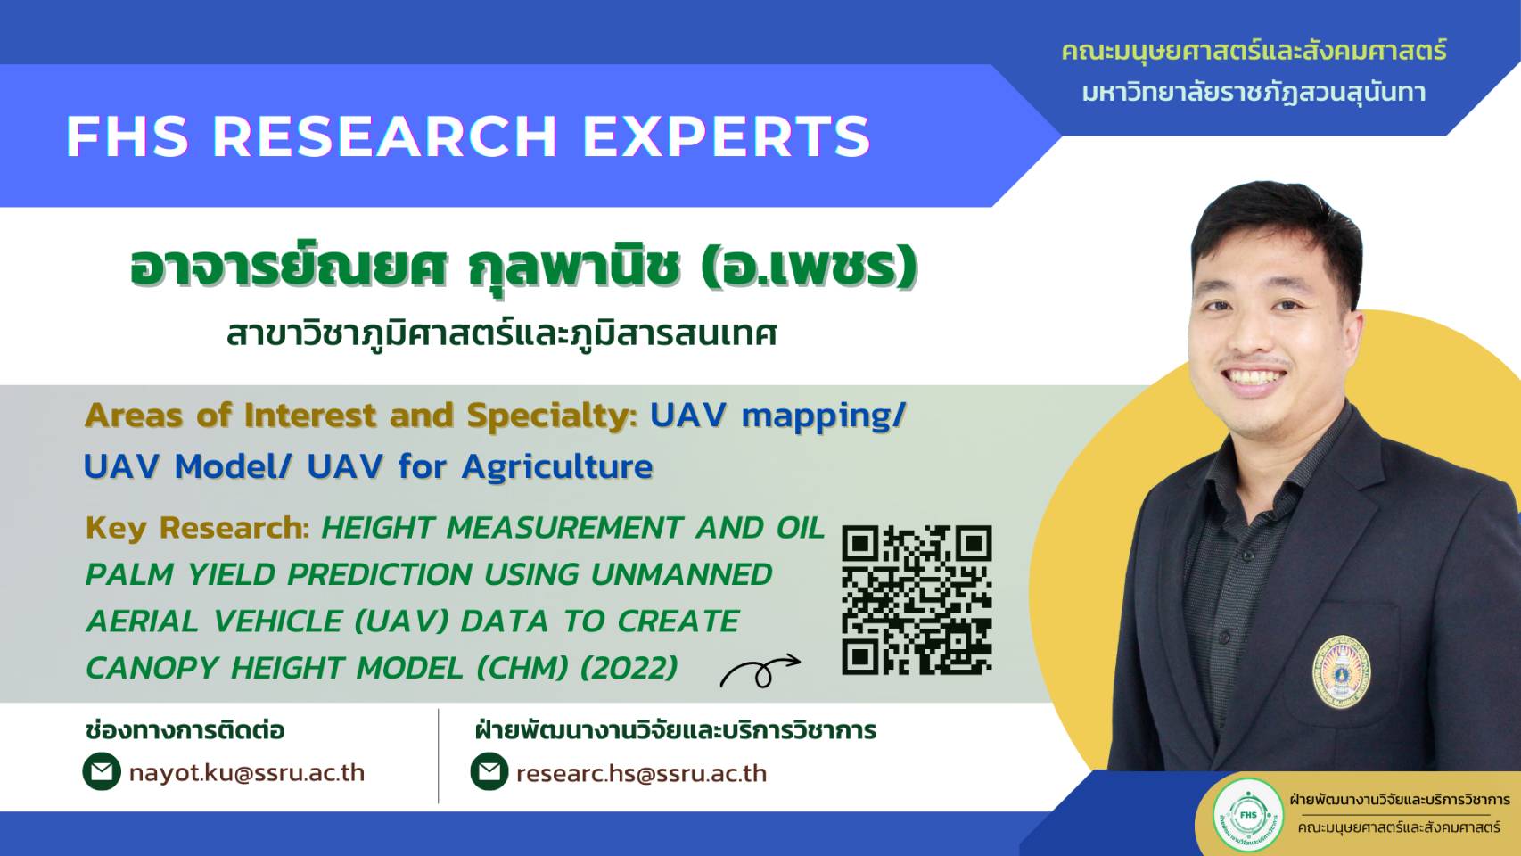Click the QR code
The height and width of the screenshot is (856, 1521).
pyautogui.click(x=917, y=600)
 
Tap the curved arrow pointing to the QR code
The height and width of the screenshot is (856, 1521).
pyautogui.click(x=760, y=671)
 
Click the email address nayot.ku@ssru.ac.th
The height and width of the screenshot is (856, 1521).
pyautogui.click(x=247, y=773)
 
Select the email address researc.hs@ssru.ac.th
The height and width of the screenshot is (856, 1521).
pyautogui.click(x=642, y=773)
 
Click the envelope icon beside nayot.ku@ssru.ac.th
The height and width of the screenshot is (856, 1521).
pyautogui.click(x=102, y=772)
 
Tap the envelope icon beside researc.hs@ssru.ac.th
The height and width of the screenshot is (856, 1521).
pyautogui.click(x=489, y=772)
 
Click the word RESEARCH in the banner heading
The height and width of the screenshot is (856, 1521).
pyautogui.click(x=385, y=136)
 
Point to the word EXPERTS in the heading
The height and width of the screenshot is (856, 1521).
pyautogui.click(x=727, y=136)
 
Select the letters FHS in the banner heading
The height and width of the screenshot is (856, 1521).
pyautogui.click(x=127, y=136)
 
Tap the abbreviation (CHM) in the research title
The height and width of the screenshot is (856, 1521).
pyautogui.click(x=522, y=668)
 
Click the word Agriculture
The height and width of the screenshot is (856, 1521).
pyautogui.click(x=557, y=467)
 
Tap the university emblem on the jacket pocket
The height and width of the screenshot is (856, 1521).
pyautogui.click(x=1341, y=672)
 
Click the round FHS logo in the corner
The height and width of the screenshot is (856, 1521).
pyautogui.click(x=1248, y=815)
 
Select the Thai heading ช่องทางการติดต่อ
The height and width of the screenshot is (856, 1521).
pyautogui.click(x=185, y=731)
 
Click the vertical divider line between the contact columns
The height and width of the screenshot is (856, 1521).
pyautogui.click(x=439, y=755)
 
